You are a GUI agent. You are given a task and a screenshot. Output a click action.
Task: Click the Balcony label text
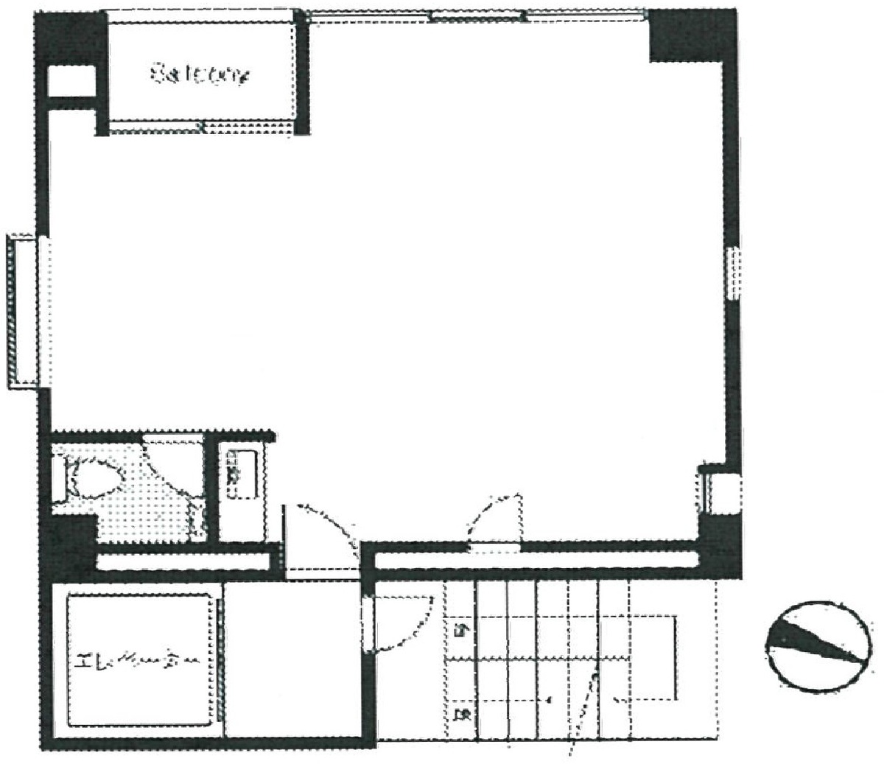click(x=200, y=75)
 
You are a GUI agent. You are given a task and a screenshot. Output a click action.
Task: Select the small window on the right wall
click(x=732, y=273)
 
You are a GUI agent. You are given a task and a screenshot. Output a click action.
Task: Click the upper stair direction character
click(x=462, y=630)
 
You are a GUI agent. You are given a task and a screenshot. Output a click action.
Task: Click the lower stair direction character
click(x=462, y=713)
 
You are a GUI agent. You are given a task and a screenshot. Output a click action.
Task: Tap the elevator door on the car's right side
click(x=220, y=660)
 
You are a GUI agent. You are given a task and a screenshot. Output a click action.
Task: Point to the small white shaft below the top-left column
click(x=71, y=83)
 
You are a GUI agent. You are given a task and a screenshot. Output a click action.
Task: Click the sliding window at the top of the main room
click(x=477, y=15)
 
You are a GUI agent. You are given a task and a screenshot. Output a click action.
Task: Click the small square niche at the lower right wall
click(x=719, y=492)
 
